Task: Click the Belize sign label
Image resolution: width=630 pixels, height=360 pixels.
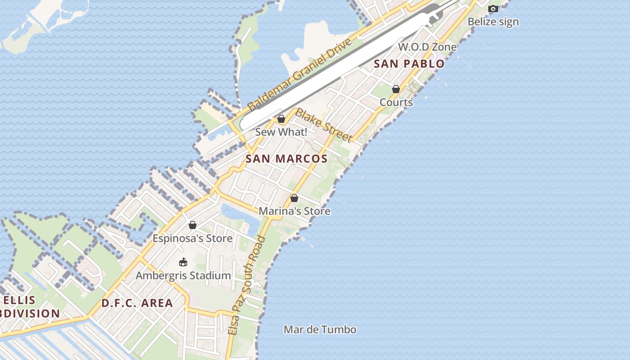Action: [x=493, y=22]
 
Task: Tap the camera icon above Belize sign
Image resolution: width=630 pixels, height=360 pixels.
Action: [x=493, y=9]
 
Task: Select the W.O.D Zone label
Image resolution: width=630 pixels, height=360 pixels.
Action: [x=427, y=47]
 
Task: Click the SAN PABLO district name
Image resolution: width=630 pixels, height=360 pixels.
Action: [x=409, y=63]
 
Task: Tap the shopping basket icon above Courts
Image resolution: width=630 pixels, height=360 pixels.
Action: [x=396, y=89]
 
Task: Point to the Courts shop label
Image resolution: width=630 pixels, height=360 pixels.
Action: [x=396, y=102]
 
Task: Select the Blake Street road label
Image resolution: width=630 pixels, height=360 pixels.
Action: [x=323, y=125]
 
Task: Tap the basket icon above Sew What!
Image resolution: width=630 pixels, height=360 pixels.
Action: [x=281, y=119]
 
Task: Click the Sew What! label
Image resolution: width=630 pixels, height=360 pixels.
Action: [x=281, y=132]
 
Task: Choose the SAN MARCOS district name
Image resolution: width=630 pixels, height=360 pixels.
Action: [x=287, y=158]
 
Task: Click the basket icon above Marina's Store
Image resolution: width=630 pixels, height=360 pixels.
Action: [x=294, y=198]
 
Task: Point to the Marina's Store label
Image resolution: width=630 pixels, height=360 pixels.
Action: [x=294, y=211]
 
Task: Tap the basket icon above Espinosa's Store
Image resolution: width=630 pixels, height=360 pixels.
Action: [x=193, y=225]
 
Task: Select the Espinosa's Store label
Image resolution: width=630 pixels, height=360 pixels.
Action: [x=193, y=238]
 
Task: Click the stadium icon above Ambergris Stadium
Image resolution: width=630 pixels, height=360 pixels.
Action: [x=183, y=262]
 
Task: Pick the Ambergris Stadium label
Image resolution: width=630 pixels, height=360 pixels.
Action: [x=183, y=275]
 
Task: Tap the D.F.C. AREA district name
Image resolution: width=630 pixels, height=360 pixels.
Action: [x=137, y=303]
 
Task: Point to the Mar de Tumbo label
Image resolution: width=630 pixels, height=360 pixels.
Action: [x=320, y=329]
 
